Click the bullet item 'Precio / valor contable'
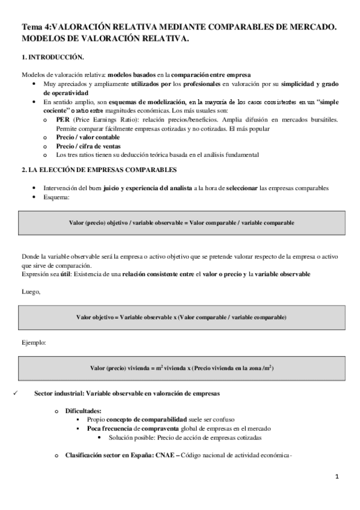point(91,137)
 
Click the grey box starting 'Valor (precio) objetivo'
point(182,223)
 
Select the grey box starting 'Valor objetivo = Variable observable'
point(182,317)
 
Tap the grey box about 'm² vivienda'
point(182,367)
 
